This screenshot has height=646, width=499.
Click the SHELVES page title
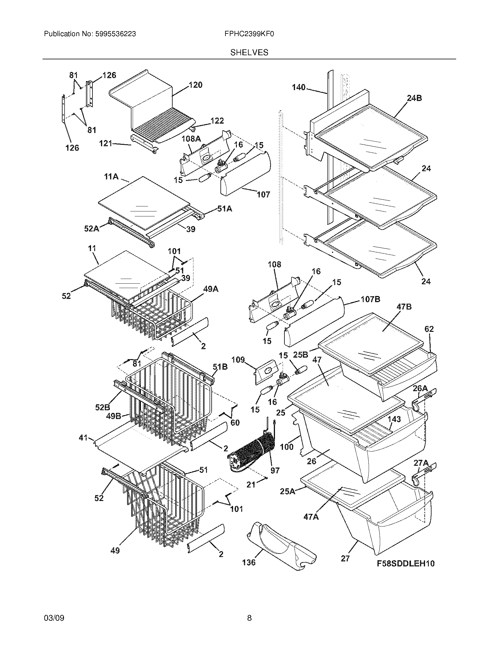pyautogui.click(x=249, y=53)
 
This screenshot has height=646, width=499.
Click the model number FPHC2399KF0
pyautogui.click(x=249, y=34)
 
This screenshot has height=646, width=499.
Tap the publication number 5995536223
pyautogui.click(x=115, y=34)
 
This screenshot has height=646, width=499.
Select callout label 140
pyautogui.click(x=299, y=87)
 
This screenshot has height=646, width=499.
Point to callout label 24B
pyautogui.click(x=414, y=98)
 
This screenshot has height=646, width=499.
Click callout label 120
pyautogui.click(x=195, y=85)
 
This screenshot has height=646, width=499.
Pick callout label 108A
pyautogui.click(x=191, y=138)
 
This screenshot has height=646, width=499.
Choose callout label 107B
pyautogui.click(x=370, y=299)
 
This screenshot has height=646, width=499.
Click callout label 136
pyautogui.click(x=249, y=562)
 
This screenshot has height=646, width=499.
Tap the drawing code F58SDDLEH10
pyautogui.click(x=406, y=563)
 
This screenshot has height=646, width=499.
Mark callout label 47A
pyautogui.click(x=311, y=517)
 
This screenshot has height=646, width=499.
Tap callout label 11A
pyautogui.click(x=111, y=177)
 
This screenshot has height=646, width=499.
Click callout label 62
pyautogui.click(x=429, y=329)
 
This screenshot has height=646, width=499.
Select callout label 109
pyautogui.click(x=238, y=360)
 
